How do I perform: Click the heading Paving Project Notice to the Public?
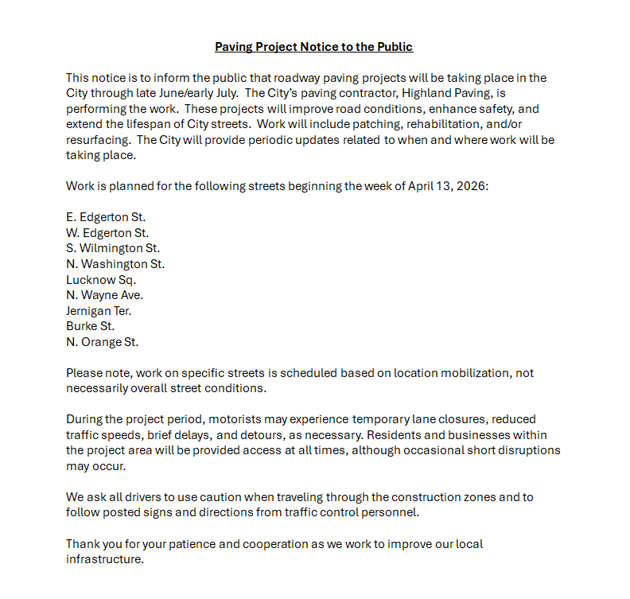click(314, 47)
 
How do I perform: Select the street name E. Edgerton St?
click(106, 217)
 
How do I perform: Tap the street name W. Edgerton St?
click(107, 233)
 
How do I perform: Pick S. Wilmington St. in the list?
click(113, 248)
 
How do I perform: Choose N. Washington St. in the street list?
click(115, 264)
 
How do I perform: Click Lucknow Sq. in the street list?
click(101, 279)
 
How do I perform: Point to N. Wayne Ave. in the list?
click(104, 295)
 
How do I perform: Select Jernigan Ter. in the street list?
click(99, 311)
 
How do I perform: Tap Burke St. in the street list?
click(90, 326)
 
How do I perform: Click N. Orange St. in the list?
click(102, 342)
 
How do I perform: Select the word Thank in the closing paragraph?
click(83, 544)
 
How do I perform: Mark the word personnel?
click(389, 512)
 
